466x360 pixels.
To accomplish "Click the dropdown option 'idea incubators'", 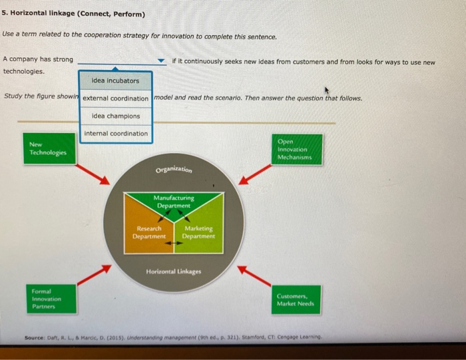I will coord(115,81).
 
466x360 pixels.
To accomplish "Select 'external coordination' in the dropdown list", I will coord(115,98).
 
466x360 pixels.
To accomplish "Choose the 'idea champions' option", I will coord(115,116).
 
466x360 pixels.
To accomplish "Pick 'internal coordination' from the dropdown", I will coord(115,134).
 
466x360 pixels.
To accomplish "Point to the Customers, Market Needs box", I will coord(296,300).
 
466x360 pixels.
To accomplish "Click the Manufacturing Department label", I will coord(174,202).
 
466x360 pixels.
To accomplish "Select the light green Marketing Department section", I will coord(199,233).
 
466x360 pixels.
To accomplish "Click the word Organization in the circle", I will coord(174,169).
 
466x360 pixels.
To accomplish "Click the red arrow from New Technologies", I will coord(93,174).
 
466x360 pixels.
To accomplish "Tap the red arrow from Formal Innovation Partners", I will coord(93,273).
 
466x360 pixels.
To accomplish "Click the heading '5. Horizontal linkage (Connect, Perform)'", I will coord(73,14).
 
